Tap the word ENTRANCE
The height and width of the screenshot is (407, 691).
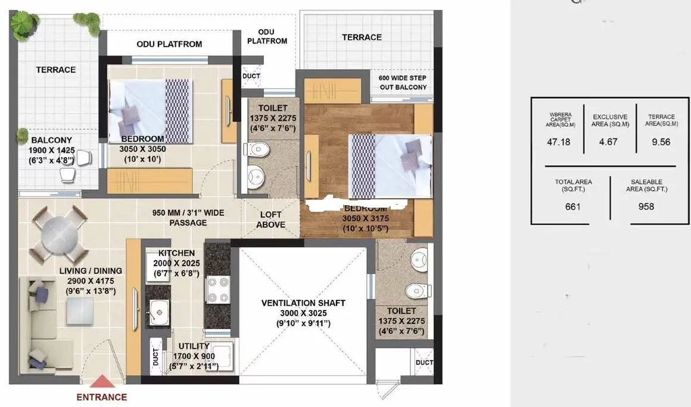102,397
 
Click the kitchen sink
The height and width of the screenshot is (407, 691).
158,309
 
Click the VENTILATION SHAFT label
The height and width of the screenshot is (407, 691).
303,303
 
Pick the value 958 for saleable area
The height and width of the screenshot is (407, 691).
646,206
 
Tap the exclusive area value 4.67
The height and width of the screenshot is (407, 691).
608,142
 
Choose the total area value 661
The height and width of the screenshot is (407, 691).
572,206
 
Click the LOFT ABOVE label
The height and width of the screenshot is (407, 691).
270,220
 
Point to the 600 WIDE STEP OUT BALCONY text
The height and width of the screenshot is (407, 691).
403,83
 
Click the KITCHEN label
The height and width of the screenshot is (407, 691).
176,253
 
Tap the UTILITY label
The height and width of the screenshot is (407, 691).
194,346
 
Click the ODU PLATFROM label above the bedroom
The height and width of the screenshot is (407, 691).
169,44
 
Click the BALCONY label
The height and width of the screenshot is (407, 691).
52,140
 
